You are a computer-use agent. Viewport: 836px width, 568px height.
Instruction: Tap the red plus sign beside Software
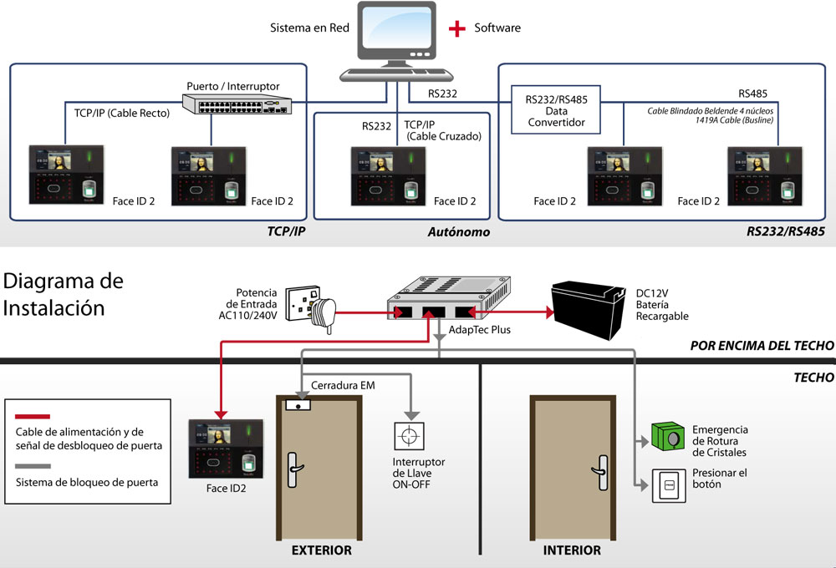[x=457, y=28]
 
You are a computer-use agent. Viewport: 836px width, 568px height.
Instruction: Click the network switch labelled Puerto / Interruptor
[x=237, y=104]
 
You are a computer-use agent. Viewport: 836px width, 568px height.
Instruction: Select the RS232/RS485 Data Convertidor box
[x=556, y=109]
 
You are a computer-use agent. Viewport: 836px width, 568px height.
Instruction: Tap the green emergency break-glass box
[x=668, y=436]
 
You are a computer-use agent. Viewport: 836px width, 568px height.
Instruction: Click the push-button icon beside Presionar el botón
[x=669, y=485]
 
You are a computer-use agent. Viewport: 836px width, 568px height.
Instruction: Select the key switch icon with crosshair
[x=409, y=436]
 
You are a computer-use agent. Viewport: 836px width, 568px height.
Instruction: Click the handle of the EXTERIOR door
[x=293, y=469]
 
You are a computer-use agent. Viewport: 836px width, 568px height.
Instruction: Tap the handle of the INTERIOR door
[x=601, y=472]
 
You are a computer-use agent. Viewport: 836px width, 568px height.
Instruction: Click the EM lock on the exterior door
[x=298, y=405]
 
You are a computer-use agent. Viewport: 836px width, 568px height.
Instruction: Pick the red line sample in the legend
[x=33, y=416]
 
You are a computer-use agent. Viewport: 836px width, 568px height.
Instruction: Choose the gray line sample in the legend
[x=33, y=466]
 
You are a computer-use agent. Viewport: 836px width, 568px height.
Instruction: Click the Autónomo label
[x=458, y=231]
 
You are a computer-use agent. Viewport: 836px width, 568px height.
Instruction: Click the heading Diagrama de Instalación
[x=63, y=294]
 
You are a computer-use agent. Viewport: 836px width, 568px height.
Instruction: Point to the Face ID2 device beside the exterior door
[x=226, y=449]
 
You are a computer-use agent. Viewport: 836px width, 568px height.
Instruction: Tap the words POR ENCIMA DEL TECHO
[x=762, y=346]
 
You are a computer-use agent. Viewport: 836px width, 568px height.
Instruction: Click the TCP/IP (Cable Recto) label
[x=121, y=113]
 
